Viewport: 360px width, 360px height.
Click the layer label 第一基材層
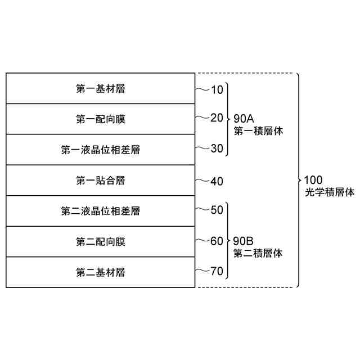click(x=100, y=89)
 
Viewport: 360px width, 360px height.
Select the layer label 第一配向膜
click(x=100, y=119)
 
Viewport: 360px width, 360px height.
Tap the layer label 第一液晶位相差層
click(x=100, y=150)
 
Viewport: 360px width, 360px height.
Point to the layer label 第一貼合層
click(x=100, y=181)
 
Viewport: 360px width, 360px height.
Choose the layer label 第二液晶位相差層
click(x=100, y=211)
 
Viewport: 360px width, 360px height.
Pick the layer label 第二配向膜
click(x=100, y=242)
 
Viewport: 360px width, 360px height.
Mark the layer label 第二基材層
click(x=100, y=273)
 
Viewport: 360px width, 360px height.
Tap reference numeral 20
click(x=217, y=118)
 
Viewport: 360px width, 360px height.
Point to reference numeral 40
click(x=217, y=181)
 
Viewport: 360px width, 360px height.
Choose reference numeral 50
click(x=217, y=210)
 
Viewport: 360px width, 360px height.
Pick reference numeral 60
click(x=217, y=241)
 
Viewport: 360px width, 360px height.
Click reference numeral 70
click(x=217, y=272)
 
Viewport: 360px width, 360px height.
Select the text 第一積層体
click(x=257, y=130)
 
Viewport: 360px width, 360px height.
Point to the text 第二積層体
click(x=257, y=254)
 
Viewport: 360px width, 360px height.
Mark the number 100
click(x=312, y=180)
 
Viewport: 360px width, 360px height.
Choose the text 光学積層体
click(x=328, y=192)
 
